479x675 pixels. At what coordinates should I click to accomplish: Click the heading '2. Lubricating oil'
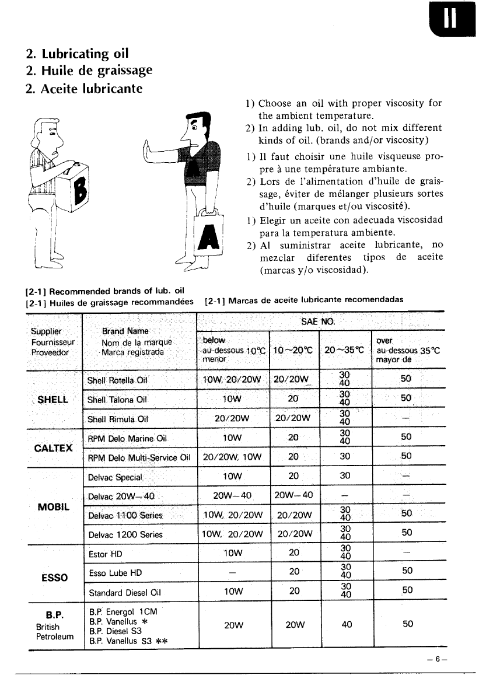pos(78,54)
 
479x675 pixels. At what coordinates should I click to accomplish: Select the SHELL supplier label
pos(53,400)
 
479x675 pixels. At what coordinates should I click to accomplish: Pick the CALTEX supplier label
pos(53,447)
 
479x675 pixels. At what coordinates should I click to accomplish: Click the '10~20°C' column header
pos(294,351)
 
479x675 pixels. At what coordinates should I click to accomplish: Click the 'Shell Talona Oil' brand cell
pos(117,400)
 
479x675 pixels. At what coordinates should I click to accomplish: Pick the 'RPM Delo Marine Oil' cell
pos(127,438)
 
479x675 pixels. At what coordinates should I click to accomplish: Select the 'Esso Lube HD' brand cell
pos(115,573)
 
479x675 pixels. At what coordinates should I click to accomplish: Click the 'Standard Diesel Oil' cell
pos(124,594)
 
